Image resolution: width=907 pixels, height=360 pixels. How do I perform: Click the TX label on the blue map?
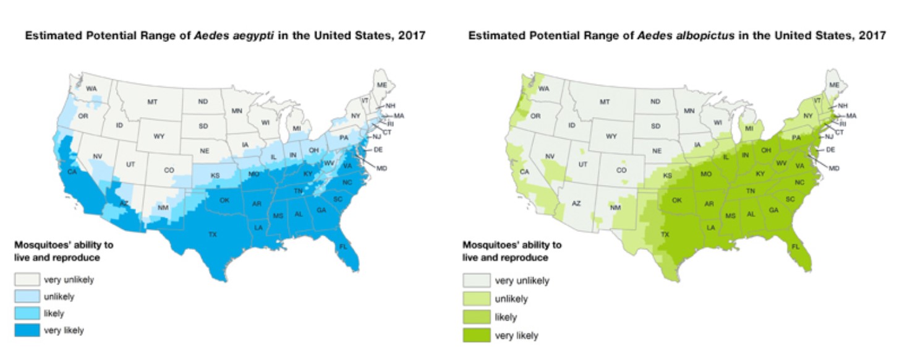coord(212,234)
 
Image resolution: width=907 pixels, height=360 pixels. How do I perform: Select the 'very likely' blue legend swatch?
coord(28,331)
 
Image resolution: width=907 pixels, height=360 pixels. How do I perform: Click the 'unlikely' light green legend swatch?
coord(477,299)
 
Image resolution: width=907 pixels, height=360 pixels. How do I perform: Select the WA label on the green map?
coord(545,88)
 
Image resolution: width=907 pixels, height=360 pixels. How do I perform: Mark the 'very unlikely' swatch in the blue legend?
coord(28,280)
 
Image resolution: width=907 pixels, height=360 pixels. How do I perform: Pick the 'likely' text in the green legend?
coord(506,317)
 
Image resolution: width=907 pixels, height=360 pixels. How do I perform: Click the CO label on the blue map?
coord(169,169)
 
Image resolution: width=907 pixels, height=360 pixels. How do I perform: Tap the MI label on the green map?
coord(749,129)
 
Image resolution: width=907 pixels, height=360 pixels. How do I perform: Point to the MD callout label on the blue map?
coord(381,168)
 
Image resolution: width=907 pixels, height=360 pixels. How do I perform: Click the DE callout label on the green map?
coord(830,150)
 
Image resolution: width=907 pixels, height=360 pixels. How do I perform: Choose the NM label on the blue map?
coord(163,207)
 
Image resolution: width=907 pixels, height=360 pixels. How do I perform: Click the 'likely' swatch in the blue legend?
coord(28,314)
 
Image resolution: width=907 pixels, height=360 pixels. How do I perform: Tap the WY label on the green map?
coord(611,136)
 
